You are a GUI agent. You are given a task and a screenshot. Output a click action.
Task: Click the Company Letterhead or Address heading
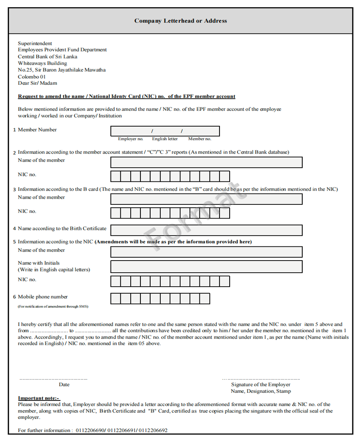pos(180,21)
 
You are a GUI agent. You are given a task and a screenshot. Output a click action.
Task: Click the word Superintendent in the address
pos(35,44)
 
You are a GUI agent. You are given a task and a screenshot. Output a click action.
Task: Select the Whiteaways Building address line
pos(42,63)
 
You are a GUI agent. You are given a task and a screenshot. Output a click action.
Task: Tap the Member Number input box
pos(165,131)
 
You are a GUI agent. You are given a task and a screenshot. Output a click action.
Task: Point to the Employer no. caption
pos(130,139)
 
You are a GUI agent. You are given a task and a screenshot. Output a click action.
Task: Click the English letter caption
pos(165,139)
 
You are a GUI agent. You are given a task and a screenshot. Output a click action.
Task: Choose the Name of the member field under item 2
pos(206,163)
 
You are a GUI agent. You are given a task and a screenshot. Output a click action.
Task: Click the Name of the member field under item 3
pos(206,199)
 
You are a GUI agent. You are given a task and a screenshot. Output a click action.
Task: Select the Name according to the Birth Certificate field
pos(206,230)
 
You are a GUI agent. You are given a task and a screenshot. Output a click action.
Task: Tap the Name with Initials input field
pos(206,267)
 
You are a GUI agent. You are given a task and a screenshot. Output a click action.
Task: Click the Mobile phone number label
pos(43,297)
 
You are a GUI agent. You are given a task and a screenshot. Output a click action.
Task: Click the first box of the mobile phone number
pos(115,298)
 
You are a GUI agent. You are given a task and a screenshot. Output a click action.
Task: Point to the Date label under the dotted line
pos(64,385)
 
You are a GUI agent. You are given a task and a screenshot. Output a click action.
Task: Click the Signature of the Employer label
pos(260,385)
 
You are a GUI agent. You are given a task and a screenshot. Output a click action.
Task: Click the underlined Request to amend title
pos(126,97)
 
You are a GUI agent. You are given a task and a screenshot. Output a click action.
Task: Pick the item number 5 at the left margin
pos(15,242)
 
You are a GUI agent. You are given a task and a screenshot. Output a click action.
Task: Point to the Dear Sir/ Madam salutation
pos(38,83)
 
